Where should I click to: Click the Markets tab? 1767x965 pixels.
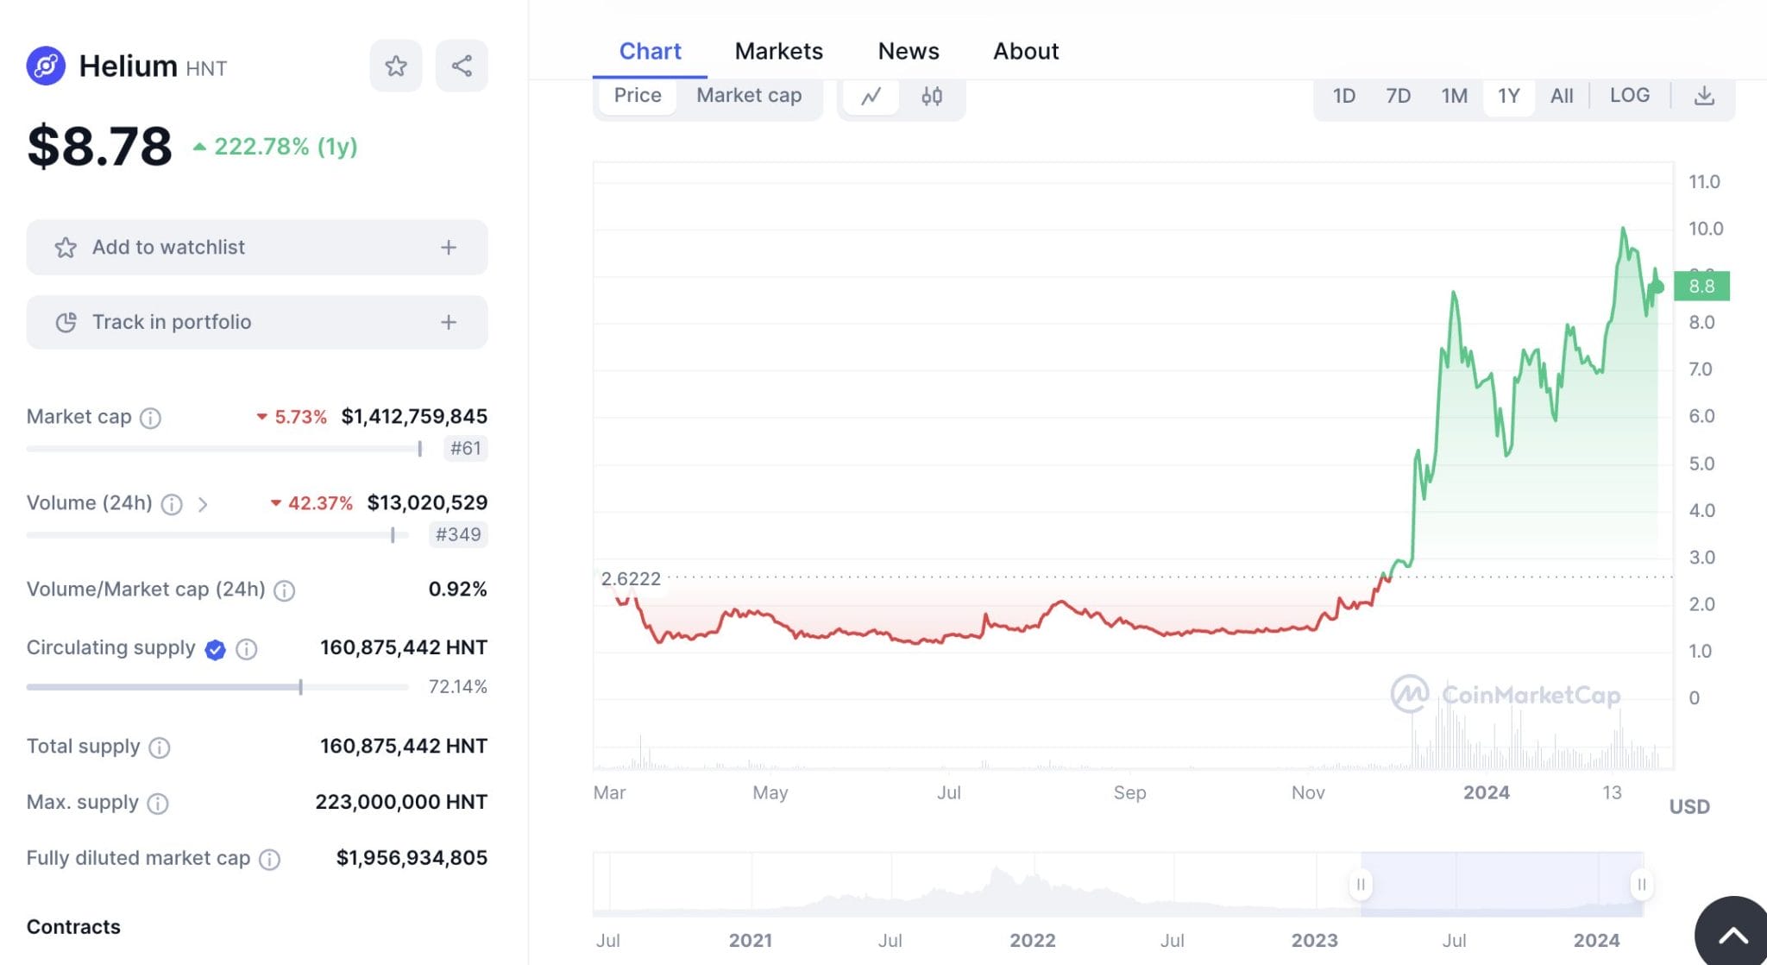pyautogui.click(x=778, y=52)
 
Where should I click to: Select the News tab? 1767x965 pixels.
pyautogui.click(x=908, y=52)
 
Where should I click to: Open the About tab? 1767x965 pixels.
pyautogui.click(x=1025, y=52)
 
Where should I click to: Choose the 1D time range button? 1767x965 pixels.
pyautogui.click(x=1343, y=96)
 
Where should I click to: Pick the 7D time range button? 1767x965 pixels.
pyautogui.click(x=1398, y=96)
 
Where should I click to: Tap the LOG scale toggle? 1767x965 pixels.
pyautogui.click(x=1629, y=96)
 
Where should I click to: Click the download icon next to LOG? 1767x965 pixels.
pyautogui.click(x=1703, y=96)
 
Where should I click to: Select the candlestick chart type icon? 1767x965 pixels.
pyautogui.click(x=931, y=96)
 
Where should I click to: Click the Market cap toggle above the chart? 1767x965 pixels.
pyautogui.click(x=748, y=96)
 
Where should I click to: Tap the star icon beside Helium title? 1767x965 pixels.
pyautogui.click(x=396, y=66)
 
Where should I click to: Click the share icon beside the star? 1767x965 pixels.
pyautogui.click(x=462, y=66)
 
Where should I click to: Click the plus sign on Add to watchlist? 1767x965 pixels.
pyautogui.click(x=449, y=248)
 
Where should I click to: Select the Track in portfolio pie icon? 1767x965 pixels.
pyautogui.click(x=66, y=322)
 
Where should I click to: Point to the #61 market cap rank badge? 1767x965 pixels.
pyautogui.click(x=465, y=448)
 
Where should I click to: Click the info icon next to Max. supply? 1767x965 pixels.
pyautogui.click(x=158, y=804)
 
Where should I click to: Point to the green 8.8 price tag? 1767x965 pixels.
pyautogui.click(x=1701, y=286)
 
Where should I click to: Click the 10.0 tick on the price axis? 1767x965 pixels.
pyautogui.click(x=1705, y=229)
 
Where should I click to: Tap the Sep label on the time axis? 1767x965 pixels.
pyautogui.click(x=1129, y=792)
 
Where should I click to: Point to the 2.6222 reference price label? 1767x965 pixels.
pyautogui.click(x=631, y=578)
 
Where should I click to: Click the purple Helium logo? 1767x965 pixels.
pyautogui.click(x=46, y=66)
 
